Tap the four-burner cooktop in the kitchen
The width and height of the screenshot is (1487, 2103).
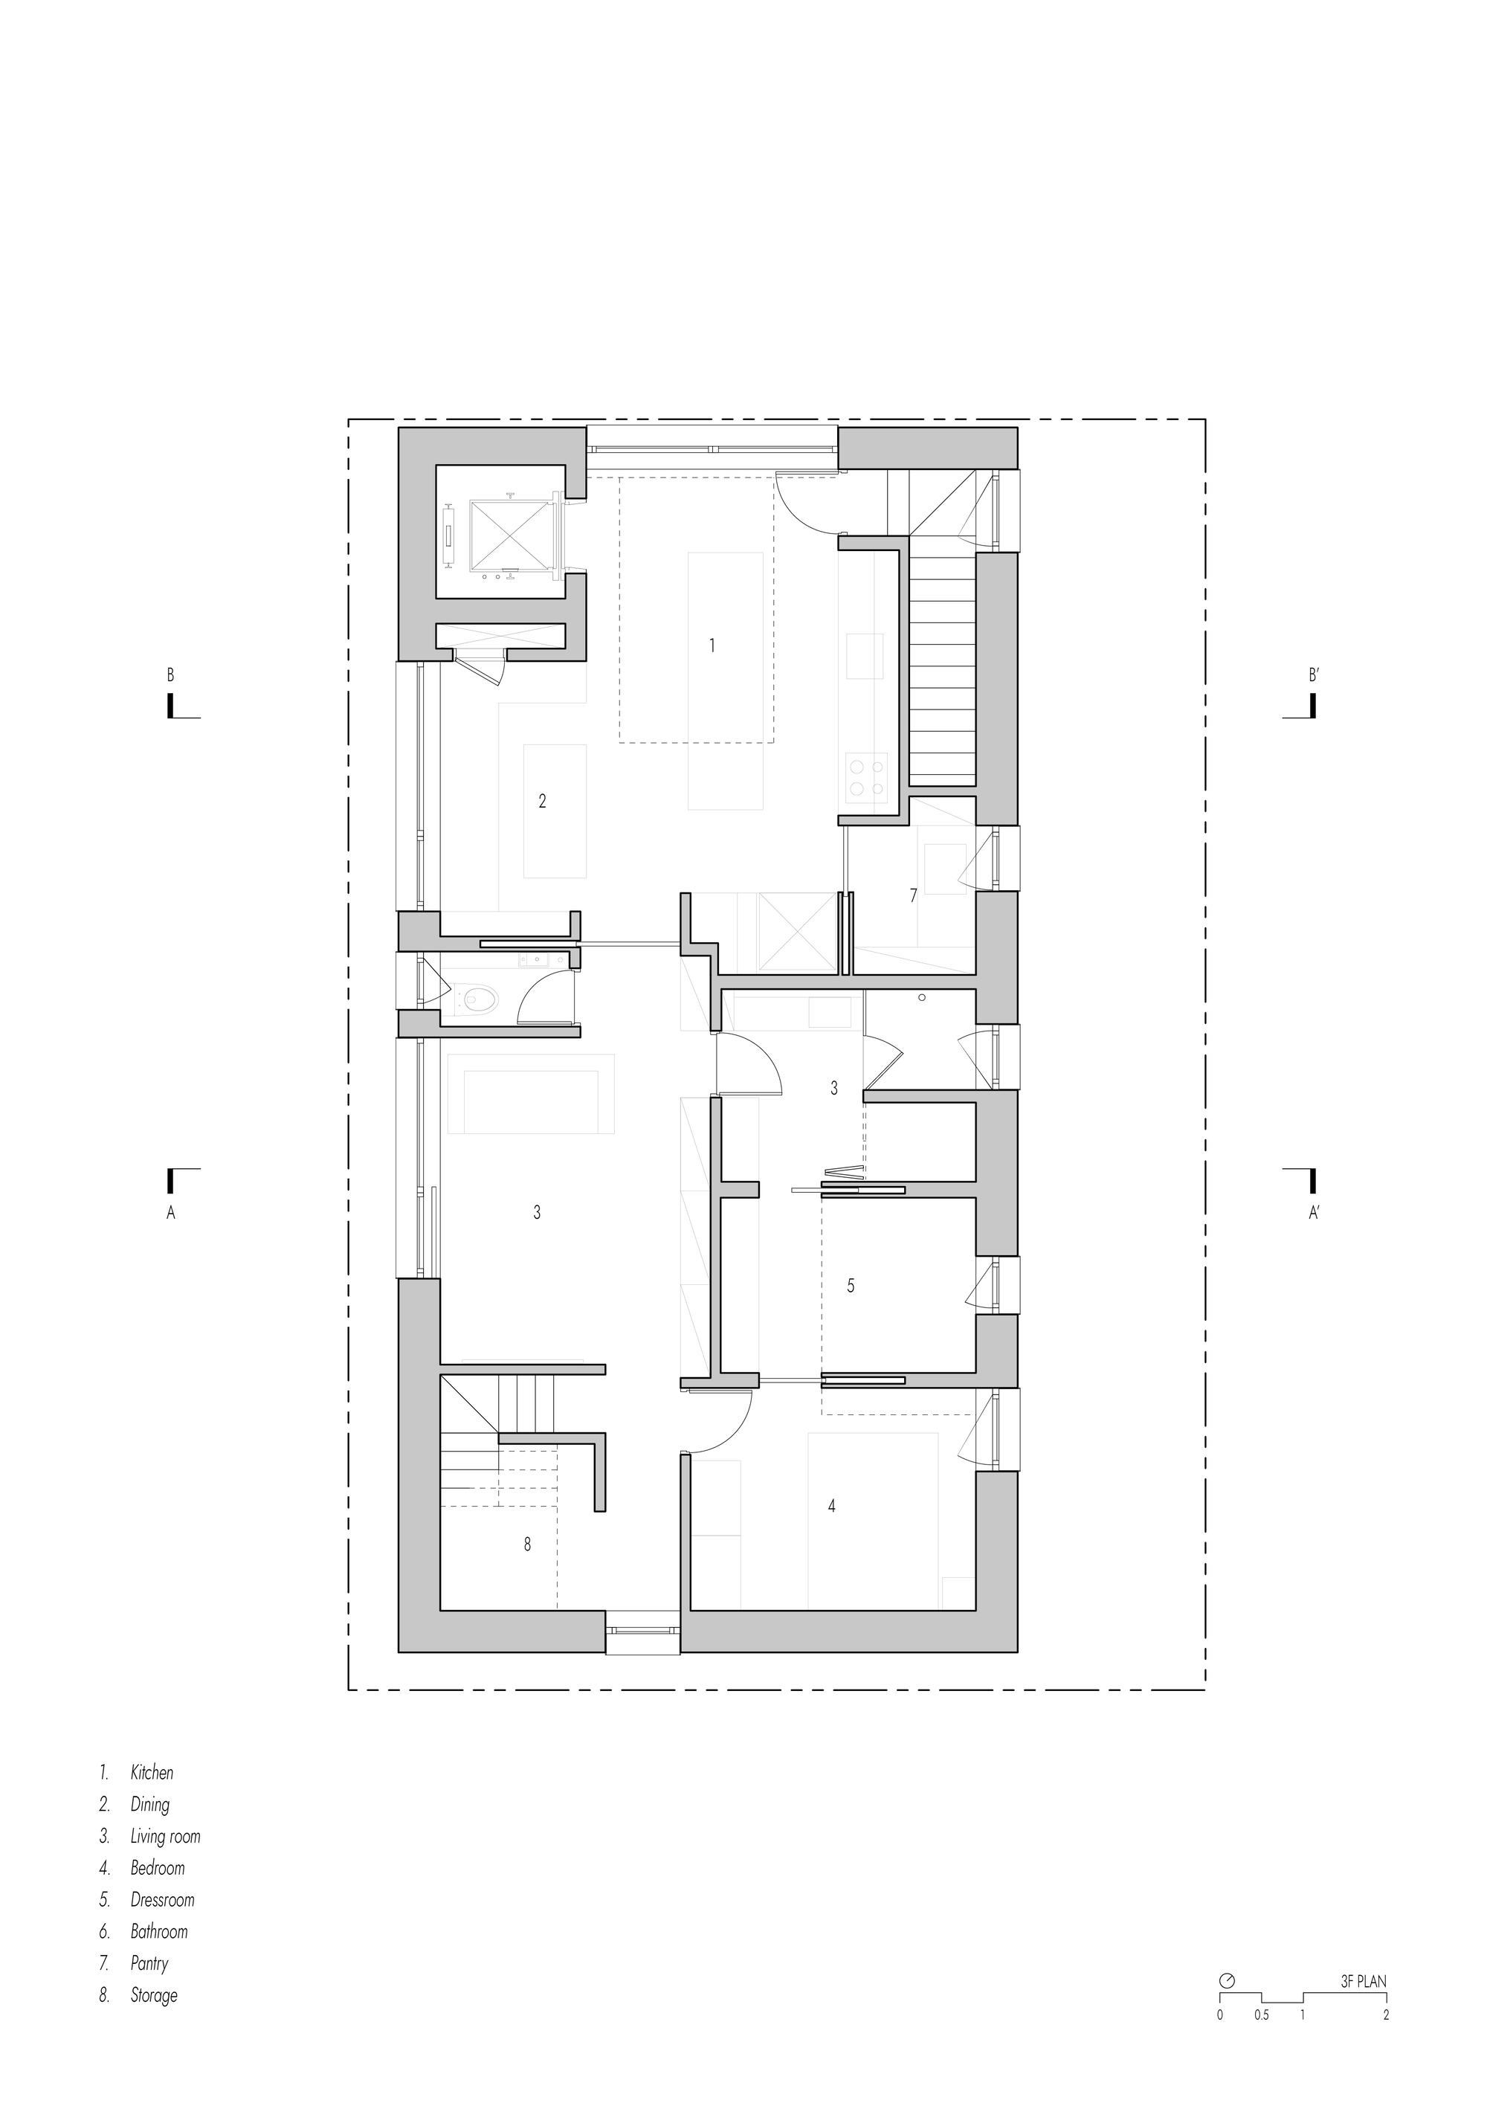pos(865,775)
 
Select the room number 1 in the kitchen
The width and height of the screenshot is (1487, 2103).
pos(712,645)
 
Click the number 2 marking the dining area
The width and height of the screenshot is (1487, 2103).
pos(542,802)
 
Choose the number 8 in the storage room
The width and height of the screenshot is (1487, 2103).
pos(527,1545)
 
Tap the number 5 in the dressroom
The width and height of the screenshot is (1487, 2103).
pos(851,1286)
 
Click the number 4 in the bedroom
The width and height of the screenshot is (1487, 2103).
pos(831,1506)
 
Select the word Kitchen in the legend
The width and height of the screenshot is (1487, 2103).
pos(152,1772)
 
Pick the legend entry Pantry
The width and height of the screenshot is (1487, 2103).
pos(149,1963)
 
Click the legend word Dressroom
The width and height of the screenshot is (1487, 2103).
pos(162,1900)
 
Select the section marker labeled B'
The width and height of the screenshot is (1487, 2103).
pos(1313,677)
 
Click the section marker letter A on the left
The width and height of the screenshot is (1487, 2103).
pos(170,1214)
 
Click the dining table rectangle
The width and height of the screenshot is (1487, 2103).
pos(555,811)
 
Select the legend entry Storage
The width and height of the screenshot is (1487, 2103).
pos(154,1995)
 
